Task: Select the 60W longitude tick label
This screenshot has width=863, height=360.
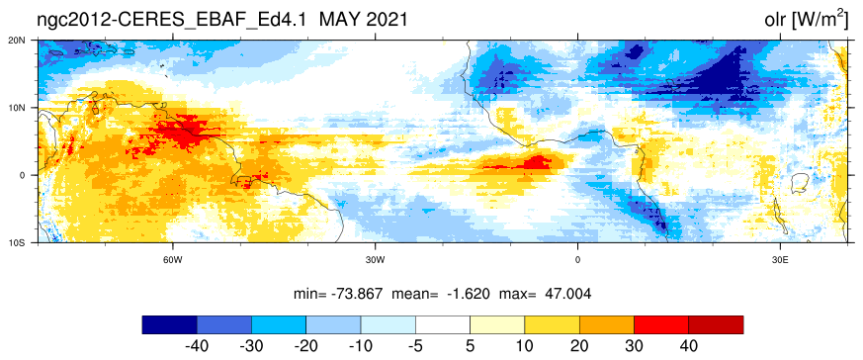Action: click(172, 260)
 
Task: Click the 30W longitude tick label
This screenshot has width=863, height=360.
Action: click(375, 260)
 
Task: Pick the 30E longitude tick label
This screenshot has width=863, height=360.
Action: click(780, 260)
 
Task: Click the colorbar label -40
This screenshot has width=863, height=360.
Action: click(197, 346)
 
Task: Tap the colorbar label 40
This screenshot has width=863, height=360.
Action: click(689, 346)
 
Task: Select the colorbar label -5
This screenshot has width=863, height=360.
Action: click(415, 346)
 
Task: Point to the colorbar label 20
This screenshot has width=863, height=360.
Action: click(579, 346)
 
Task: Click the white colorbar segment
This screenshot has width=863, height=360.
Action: click(443, 324)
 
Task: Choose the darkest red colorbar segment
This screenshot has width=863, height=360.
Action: click(716, 324)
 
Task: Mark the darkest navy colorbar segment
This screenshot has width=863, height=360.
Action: click(169, 324)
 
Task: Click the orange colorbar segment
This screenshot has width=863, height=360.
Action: click(607, 324)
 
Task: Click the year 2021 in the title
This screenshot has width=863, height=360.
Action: click(388, 20)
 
